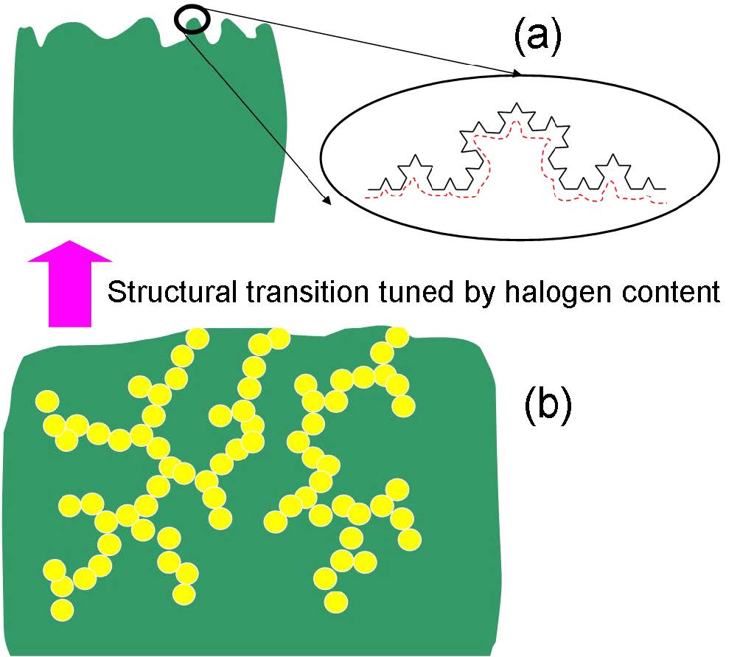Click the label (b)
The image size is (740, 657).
click(x=547, y=408)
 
